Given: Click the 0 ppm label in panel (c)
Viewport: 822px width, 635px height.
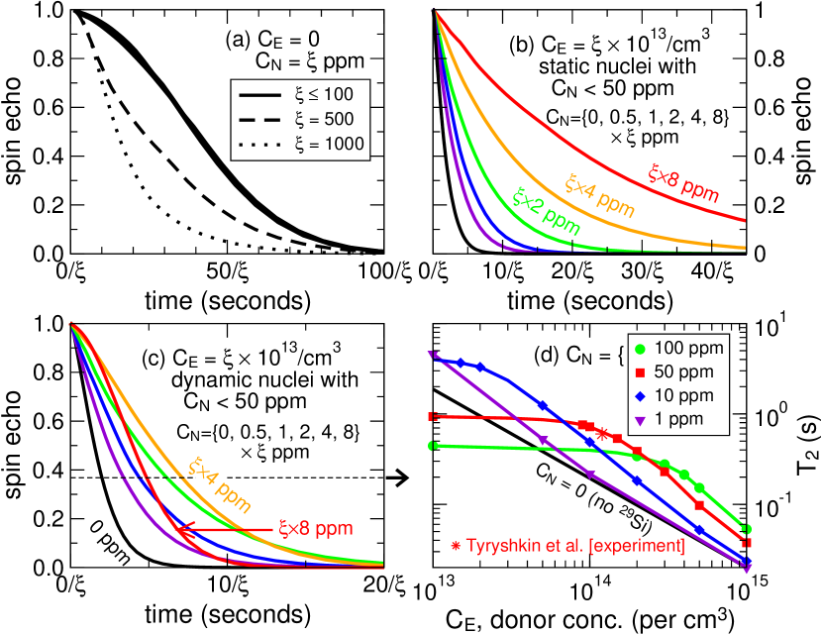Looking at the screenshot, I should pos(112,547).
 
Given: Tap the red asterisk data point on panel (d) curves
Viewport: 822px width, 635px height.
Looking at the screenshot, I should pos(602,432).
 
